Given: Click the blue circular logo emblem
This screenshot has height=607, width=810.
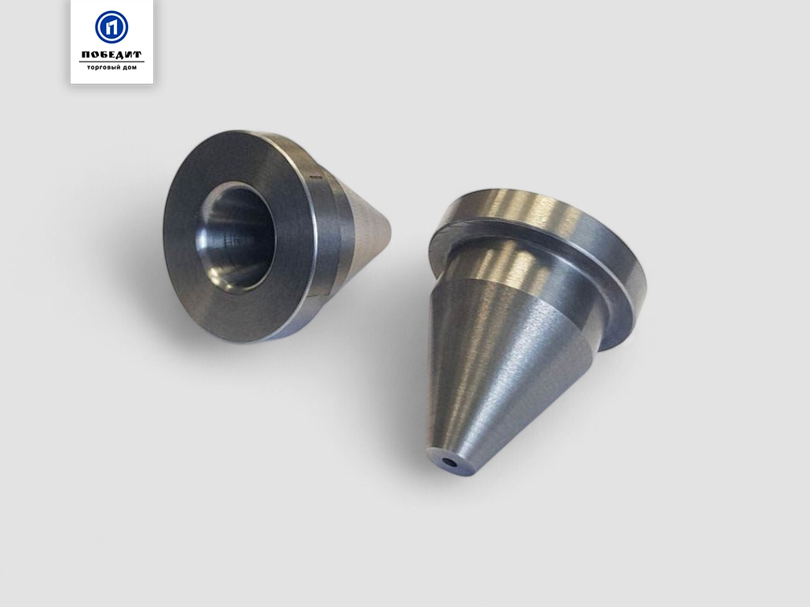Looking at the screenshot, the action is [x=112, y=27].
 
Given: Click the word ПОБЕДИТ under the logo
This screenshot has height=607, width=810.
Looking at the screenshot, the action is [x=112, y=55].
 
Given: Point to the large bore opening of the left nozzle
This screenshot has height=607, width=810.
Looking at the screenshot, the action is [x=235, y=237].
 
